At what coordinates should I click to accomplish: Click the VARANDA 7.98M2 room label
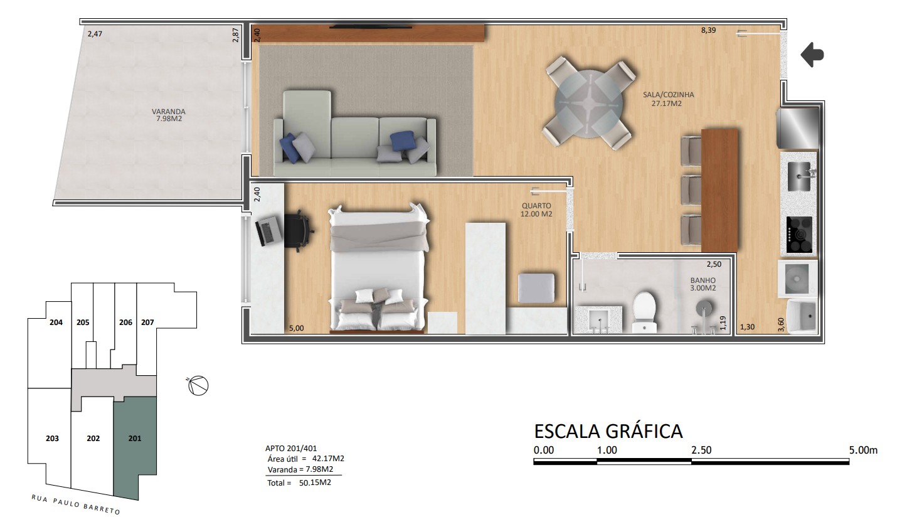coord(168,115)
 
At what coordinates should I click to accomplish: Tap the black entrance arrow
coord(812,55)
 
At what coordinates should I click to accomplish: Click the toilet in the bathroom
coord(644,312)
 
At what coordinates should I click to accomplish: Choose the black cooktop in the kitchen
coord(799,235)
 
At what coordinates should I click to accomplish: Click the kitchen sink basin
coord(799,176)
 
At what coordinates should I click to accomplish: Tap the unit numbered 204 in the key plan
coord(56,322)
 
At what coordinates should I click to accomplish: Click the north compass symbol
coord(198,385)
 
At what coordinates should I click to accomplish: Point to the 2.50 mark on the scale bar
coord(701,450)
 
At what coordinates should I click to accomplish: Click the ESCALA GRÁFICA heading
coord(608,431)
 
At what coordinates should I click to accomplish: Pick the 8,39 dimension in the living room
coord(708,30)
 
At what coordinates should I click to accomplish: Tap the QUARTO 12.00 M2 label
coord(536,210)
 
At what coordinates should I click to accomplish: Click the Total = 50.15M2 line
coord(299,482)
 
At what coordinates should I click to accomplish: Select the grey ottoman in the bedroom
coord(536,288)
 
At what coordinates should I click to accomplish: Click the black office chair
coord(299,231)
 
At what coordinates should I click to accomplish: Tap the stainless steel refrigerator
coord(798,129)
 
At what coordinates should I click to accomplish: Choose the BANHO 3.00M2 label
coord(703,284)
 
